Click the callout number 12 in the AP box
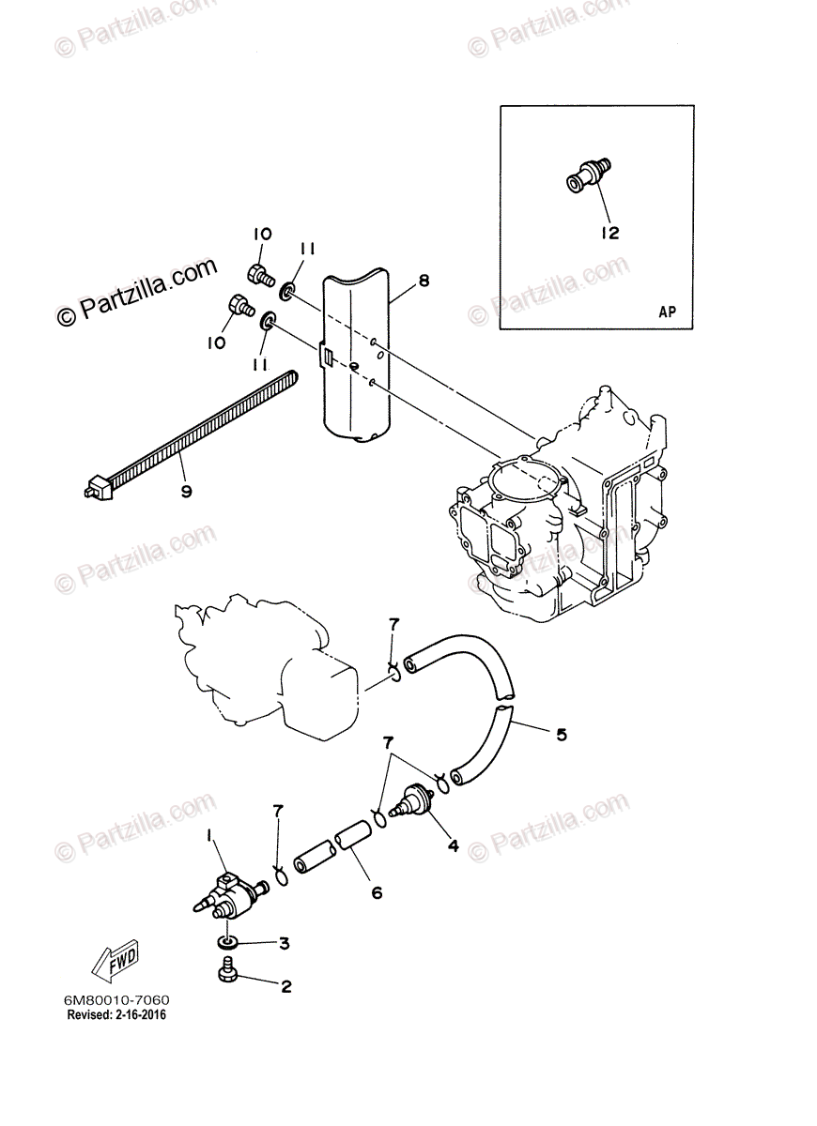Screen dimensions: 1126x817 click(x=610, y=233)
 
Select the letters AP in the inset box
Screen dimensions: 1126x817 click(x=667, y=312)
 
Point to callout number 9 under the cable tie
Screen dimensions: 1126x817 click(x=186, y=491)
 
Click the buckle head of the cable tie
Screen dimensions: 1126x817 click(x=93, y=487)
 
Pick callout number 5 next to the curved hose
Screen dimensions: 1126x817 click(x=561, y=735)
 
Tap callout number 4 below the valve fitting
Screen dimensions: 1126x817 click(x=453, y=845)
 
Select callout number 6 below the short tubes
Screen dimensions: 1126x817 click(x=377, y=892)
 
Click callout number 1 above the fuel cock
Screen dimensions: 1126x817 click(x=210, y=834)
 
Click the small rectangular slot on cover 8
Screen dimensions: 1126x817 click(x=326, y=356)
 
